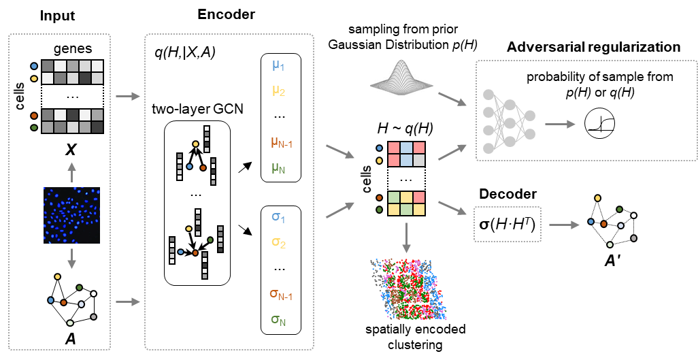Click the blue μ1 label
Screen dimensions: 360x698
pyautogui.click(x=278, y=66)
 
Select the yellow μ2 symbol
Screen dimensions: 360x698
pyautogui.click(x=278, y=91)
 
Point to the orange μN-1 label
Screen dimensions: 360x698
pyautogui.click(x=281, y=143)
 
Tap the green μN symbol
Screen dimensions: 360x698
pyautogui.click(x=278, y=167)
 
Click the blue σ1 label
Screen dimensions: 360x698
pyautogui.click(x=278, y=218)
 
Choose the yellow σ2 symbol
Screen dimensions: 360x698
pyautogui.click(x=278, y=242)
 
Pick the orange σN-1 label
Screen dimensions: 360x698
pyautogui.click(x=280, y=295)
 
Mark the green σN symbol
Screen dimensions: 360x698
pyautogui.click(x=278, y=319)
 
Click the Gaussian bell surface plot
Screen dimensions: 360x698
pyautogui.click(x=401, y=76)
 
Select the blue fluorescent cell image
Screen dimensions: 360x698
pyautogui.click(x=71, y=215)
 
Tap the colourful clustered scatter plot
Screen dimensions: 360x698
pyautogui.click(x=408, y=289)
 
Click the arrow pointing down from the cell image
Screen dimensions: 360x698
pyautogui.click(x=71, y=258)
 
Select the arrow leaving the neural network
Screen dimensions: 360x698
pyautogui.click(x=560, y=124)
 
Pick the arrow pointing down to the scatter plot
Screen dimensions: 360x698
pyautogui.click(x=406, y=238)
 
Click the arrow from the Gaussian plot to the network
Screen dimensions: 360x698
pyautogui.click(x=452, y=99)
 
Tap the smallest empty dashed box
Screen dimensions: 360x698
pyautogui.click(x=508, y=224)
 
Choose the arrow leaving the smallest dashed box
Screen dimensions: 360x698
pyautogui.click(x=564, y=225)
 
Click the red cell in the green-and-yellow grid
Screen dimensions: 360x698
pyautogui.click(x=419, y=197)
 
